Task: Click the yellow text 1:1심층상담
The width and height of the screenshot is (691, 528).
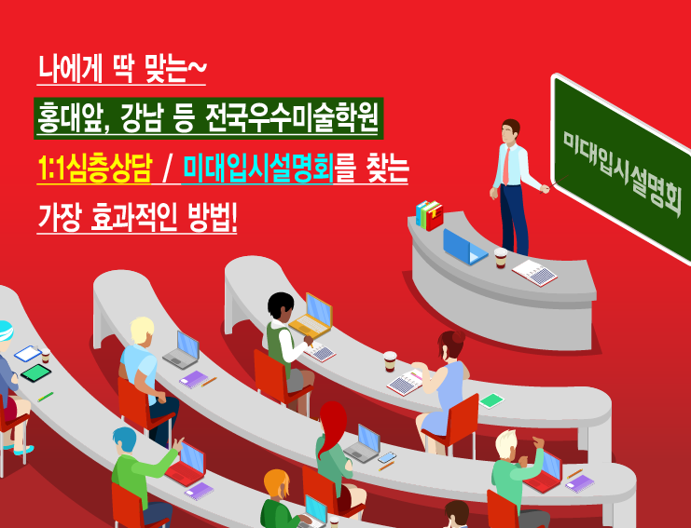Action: pyautogui.click(x=95, y=169)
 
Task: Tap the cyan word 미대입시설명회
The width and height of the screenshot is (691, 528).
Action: pyautogui.click(x=257, y=169)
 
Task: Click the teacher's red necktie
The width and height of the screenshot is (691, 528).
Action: pyautogui.click(x=506, y=166)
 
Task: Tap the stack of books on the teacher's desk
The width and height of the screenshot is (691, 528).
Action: pyautogui.click(x=429, y=215)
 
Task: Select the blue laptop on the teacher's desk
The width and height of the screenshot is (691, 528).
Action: pyautogui.click(x=464, y=247)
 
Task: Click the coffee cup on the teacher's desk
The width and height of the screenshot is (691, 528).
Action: pyautogui.click(x=501, y=258)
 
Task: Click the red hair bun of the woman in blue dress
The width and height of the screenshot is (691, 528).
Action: pyautogui.click(x=458, y=337)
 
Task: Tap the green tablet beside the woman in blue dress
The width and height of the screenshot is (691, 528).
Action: pyautogui.click(x=491, y=400)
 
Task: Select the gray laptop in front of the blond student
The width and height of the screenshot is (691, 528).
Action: pyautogui.click(x=183, y=350)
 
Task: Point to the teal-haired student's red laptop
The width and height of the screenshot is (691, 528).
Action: pyautogui.click(x=187, y=464)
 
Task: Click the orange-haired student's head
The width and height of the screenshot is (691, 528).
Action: pyautogui.click(x=276, y=483)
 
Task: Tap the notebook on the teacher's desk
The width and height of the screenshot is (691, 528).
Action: pyautogui.click(x=534, y=273)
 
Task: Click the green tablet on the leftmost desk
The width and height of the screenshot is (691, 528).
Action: pyautogui.click(x=35, y=372)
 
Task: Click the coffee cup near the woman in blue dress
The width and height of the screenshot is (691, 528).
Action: pyautogui.click(x=390, y=361)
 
